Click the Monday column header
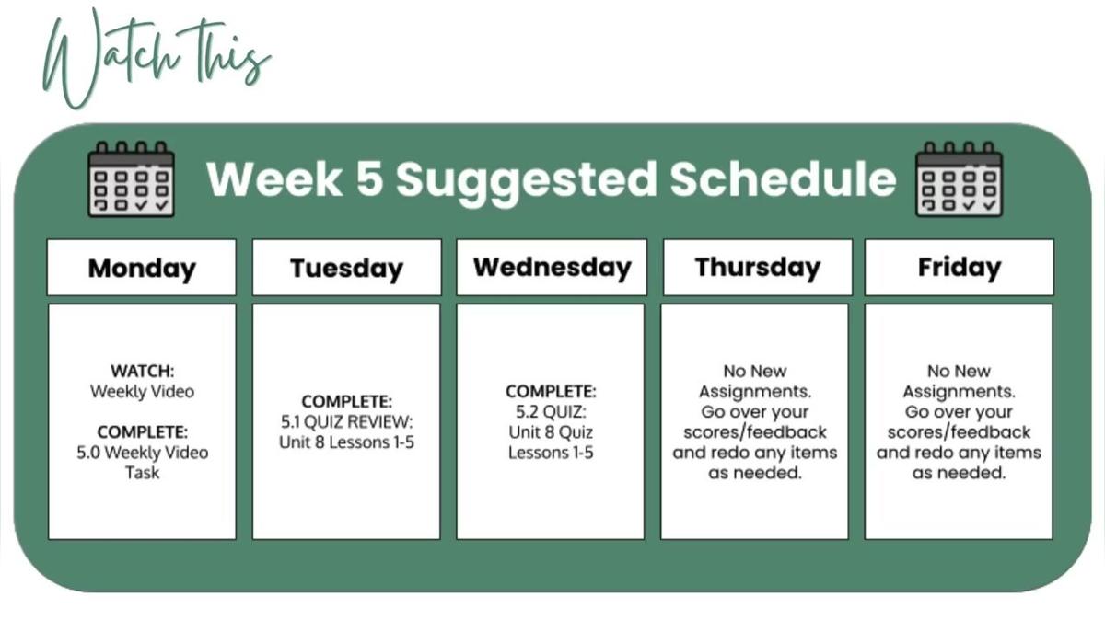coord(142,268)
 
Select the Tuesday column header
coord(346,268)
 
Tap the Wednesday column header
coord(552,267)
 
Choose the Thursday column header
coord(757,267)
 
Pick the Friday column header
coord(959,267)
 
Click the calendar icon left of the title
coord(131,179)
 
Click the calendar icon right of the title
coord(959,179)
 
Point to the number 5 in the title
coord(368,178)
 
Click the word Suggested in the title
coord(526,180)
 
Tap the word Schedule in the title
coord(783,178)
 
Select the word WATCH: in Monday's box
coord(142,371)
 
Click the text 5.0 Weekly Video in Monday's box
coord(142,453)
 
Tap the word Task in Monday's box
coord(142,473)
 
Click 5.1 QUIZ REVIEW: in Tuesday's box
coord(346,422)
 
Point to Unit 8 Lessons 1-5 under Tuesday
coord(346,442)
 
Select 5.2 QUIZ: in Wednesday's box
coord(551,411)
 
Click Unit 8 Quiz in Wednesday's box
coord(551,431)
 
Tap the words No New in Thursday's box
coord(755,371)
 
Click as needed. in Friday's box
coord(959,473)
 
